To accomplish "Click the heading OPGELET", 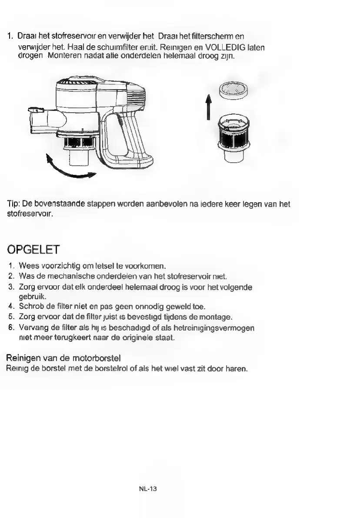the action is [33, 250].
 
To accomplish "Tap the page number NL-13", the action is [148, 489].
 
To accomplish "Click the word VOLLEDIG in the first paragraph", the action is [225, 47].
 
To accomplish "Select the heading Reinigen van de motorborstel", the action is [63, 358].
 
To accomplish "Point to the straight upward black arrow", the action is [208, 107].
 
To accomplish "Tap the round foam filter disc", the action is [233, 90].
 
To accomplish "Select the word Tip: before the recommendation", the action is [14, 204].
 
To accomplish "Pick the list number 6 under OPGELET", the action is [12, 328].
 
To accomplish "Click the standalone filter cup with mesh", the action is [234, 137].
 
